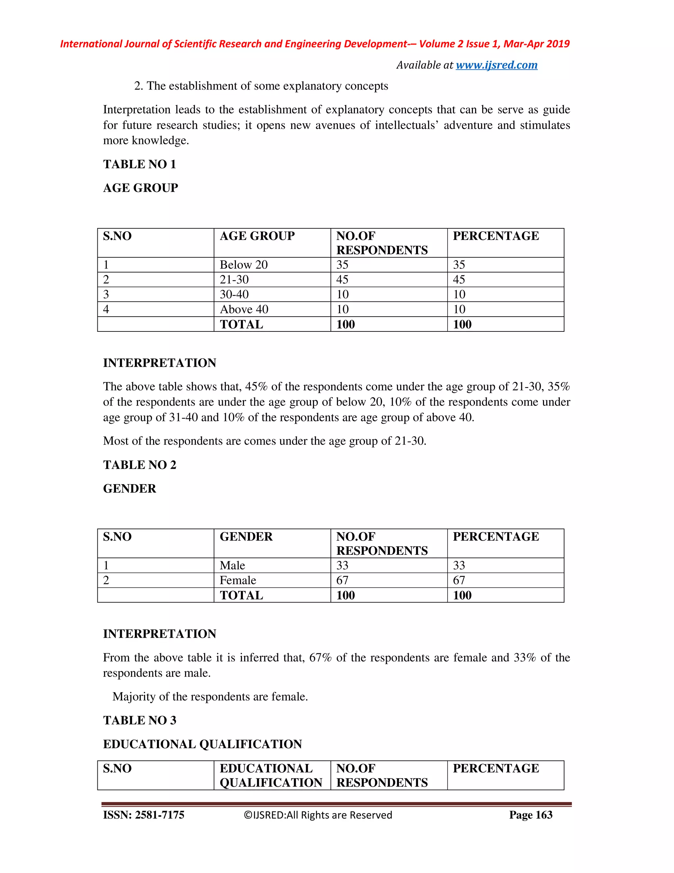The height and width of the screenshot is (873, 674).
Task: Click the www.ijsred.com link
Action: coord(496,65)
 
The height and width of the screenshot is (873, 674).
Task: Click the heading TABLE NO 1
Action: coord(139,164)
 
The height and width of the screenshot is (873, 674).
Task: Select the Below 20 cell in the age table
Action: coord(244,265)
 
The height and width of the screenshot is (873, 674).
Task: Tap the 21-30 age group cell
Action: coord(234,279)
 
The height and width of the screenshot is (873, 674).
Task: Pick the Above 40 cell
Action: coord(244,309)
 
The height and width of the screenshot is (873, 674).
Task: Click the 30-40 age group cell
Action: coord(234,294)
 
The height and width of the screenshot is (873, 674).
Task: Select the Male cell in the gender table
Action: coord(232,565)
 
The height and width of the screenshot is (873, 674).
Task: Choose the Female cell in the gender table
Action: coord(238,580)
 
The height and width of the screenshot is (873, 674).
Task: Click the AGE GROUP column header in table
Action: coord(257,236)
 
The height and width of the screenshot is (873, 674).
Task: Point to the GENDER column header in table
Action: coord(246,536)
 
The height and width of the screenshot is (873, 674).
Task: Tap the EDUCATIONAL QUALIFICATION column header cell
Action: coord(271,775)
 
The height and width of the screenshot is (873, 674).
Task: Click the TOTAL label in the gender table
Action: coord(241,595)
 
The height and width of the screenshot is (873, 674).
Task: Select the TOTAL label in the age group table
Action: coord(241,324)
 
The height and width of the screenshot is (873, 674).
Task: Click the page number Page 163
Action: coord(531,815)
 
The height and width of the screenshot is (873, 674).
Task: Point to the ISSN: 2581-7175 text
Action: coord(144,815)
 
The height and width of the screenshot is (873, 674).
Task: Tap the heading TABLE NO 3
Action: coord(139,720)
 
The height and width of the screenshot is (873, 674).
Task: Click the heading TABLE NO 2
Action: coord(139,465)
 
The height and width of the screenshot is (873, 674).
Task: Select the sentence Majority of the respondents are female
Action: coord(210,697)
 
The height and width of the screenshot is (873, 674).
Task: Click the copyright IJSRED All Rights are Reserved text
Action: coord(318,815)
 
